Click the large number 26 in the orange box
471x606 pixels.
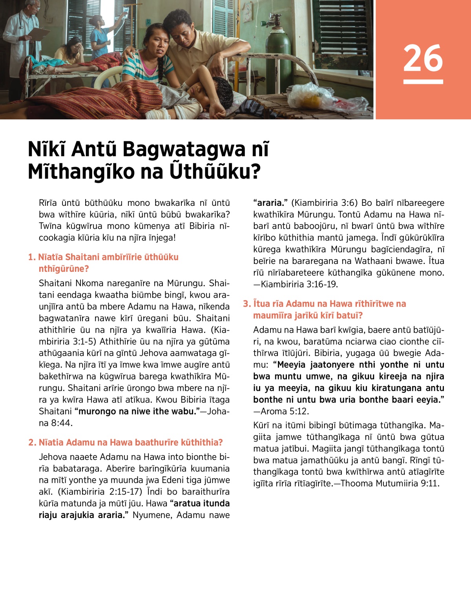tap(423, 58)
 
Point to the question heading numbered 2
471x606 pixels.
tap(126, 442)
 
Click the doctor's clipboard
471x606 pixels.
tap(38, 33)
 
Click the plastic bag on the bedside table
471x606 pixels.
tap(310, 96)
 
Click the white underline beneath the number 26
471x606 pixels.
tap(423, 82)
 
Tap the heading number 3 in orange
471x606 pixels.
tap(246, 304)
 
